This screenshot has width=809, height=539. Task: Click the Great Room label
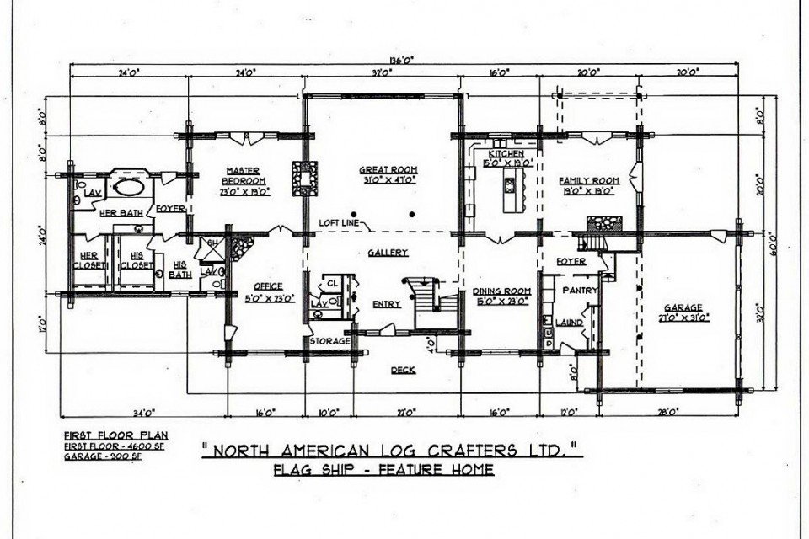pyautogui.click(x=388, y=169)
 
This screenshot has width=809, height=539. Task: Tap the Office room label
pyautogui.click(x=263, y=286)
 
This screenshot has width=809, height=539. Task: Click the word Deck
pyautogui.click(x=405, y=370)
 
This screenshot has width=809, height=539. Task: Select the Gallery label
pyautogui.click(x=388, y=252)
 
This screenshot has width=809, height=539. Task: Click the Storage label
pyautogui.click(x=329, y=342)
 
